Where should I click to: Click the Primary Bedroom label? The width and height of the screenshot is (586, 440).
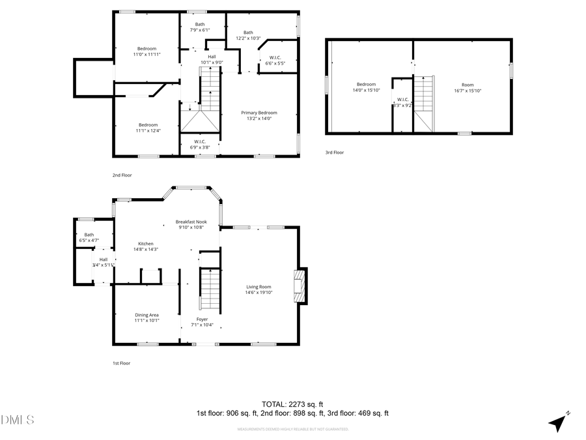[258, 113]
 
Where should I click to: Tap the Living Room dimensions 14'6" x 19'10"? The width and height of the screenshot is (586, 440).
[258, 293]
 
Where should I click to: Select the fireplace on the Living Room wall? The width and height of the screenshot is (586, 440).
[300, 286]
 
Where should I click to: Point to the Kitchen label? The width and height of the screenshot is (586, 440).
[145, 243]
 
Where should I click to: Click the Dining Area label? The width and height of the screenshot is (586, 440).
[146, 315]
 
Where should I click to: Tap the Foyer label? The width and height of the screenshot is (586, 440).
[202, 319]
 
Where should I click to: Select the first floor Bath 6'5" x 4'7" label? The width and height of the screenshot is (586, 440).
[89, 235]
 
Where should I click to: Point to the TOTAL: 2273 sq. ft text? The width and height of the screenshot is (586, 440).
[292, 403]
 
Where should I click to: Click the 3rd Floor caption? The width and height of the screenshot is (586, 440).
[335, 153]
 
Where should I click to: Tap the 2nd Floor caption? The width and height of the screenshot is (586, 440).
[122, 175]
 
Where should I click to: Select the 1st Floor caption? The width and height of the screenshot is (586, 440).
[122, 363]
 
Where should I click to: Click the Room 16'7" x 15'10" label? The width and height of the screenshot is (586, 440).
[467, 85]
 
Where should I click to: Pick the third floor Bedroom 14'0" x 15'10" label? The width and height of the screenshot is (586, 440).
[366, 84]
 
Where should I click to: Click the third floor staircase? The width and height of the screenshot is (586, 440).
[423, 101]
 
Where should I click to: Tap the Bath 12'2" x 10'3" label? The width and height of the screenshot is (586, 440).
[248, 33]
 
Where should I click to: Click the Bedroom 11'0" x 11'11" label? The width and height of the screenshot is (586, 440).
[146, 48]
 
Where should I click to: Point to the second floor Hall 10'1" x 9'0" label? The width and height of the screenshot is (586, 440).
[212, 57]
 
